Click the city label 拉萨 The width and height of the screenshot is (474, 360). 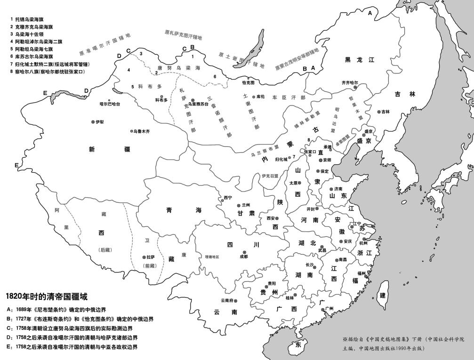tap(151, 257)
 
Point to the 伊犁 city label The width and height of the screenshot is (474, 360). tap(99, 122)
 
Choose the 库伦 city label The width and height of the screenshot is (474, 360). tap(262, 96)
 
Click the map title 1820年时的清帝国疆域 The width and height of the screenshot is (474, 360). tap(47, 297)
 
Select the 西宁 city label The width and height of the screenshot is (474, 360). tap(228, 198)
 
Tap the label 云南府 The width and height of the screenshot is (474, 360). tap(227, 300)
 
